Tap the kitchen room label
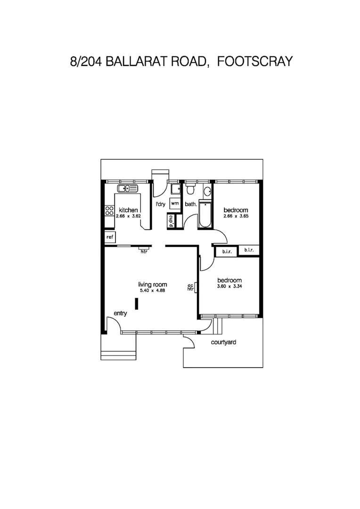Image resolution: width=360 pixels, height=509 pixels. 128,210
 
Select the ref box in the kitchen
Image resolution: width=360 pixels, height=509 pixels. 110,237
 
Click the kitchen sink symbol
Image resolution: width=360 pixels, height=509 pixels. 127,189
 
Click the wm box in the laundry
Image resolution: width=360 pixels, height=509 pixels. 175,204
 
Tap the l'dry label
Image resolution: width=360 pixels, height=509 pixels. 161,204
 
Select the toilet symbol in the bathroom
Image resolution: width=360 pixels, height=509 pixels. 190,190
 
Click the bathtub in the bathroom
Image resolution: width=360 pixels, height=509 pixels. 205,216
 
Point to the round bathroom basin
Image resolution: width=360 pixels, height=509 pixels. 207,192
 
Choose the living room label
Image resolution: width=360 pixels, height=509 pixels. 153,284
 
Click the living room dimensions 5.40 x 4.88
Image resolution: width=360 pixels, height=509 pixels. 153,290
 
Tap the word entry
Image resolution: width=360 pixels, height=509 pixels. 121,313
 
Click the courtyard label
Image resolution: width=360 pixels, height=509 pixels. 223,343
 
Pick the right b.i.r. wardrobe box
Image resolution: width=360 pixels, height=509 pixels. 249,250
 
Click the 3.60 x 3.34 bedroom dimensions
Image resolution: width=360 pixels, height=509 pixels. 229,286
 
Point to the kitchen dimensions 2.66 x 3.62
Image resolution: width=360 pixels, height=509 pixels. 128,216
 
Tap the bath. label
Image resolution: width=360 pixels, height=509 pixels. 190,204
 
